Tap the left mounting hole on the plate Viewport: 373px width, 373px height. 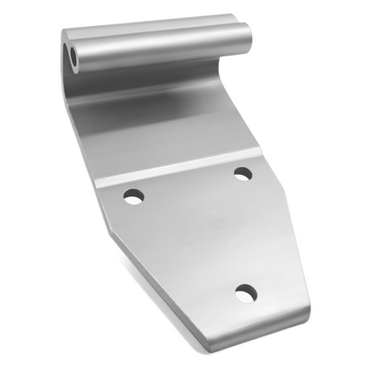point(133,195)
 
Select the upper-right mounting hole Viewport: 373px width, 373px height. point(242,172)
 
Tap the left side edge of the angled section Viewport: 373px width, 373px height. point(85,134)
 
